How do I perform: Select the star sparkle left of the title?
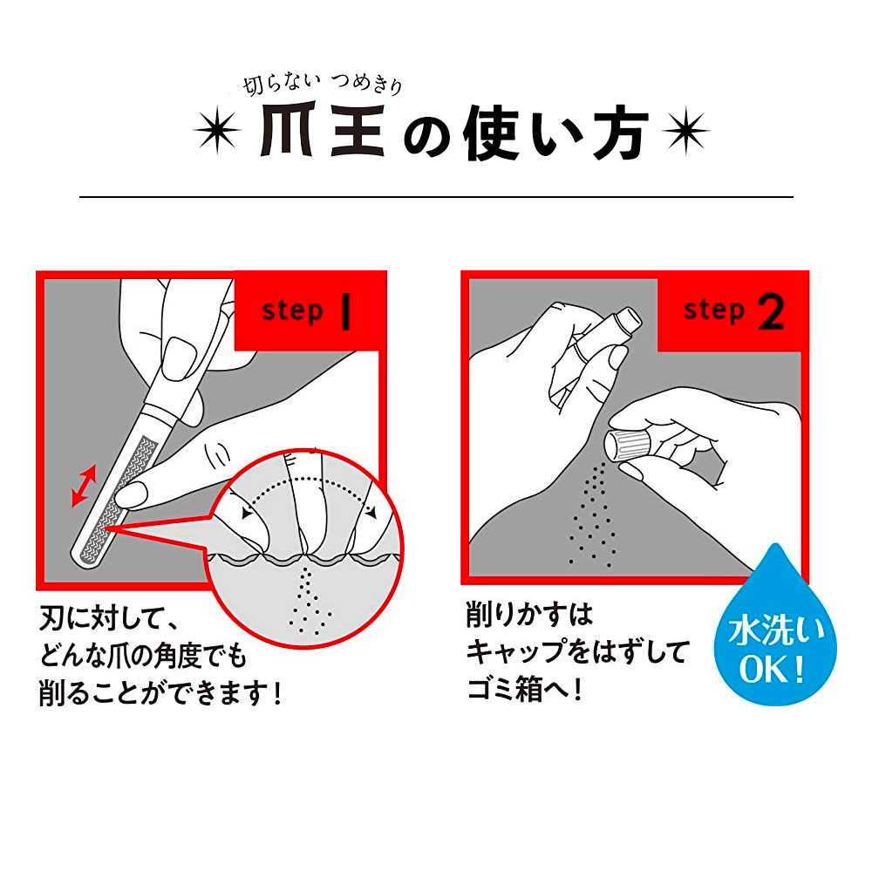click(215, 133)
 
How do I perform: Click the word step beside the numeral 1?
click(292, 311)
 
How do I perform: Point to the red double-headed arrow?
click(84, 485)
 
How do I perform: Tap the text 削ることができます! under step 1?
click(161, 695)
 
